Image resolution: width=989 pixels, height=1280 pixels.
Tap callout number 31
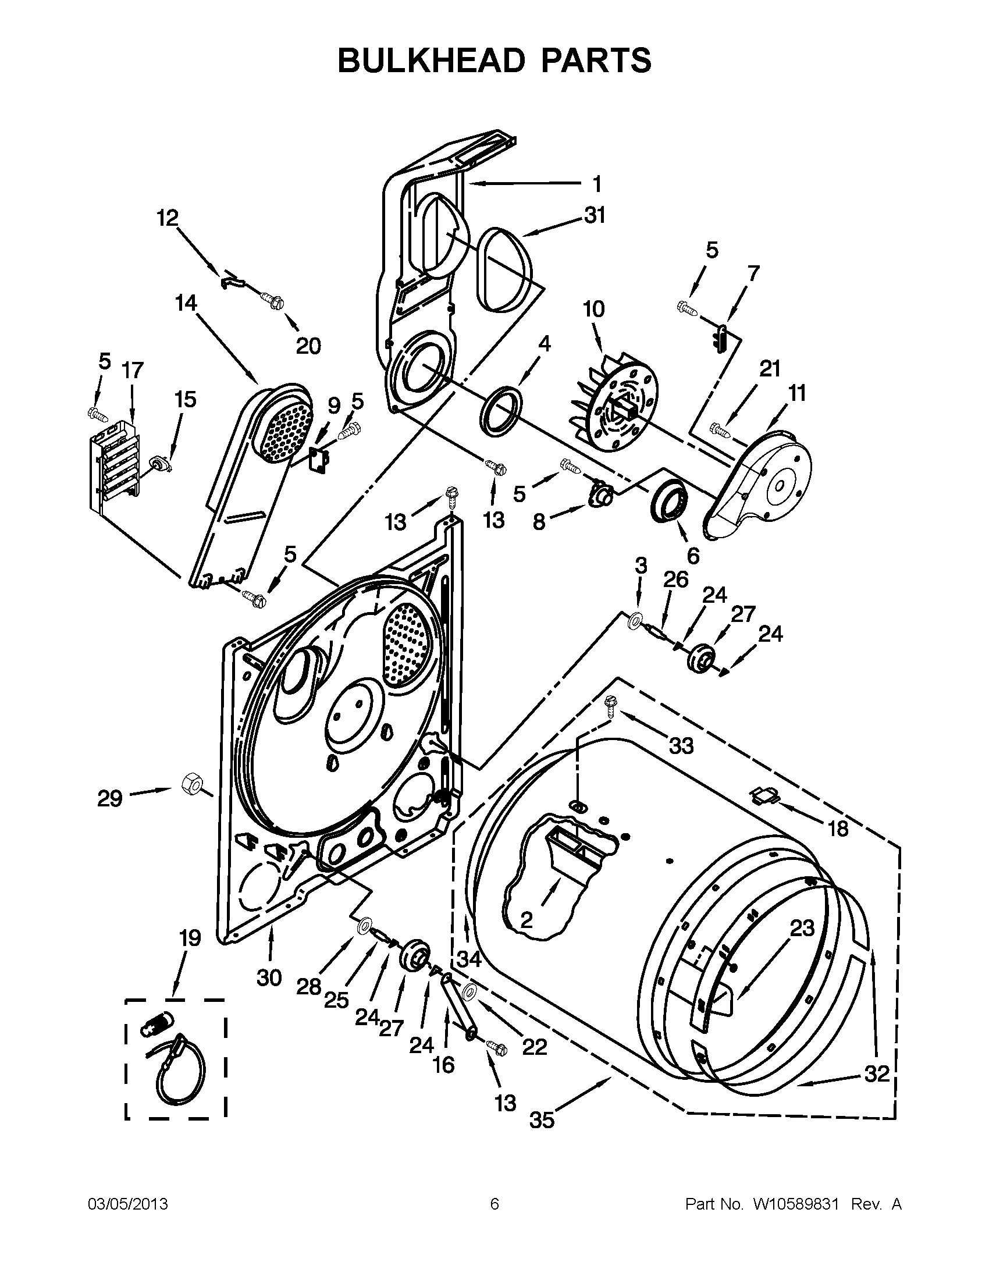pyautogui.click(x=594, y=216)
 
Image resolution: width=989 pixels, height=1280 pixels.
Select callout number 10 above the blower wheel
pyautogui.click(x=593, y=309)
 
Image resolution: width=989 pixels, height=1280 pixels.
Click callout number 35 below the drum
pyautogui.click(x=542, y=1121)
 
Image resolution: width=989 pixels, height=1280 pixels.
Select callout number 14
pyautogui.click(x=186, y=304)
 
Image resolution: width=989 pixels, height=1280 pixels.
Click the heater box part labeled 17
pyautogui.click(x=115, y=463)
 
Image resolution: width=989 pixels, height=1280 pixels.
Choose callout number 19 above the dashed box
pyautogui.click(x=190, y=938)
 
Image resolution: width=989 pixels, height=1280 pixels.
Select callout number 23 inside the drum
pyautogui.click(x=802, y=928)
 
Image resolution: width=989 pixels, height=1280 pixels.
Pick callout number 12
pyautogui.click(x=168, y=219)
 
